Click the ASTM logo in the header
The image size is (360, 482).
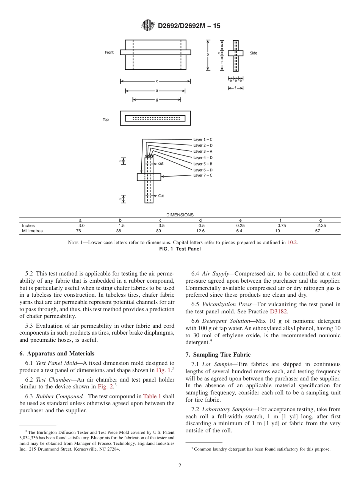click(148, 25)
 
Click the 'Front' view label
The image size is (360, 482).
click(109, 52)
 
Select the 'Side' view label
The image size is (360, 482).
click(254, 53)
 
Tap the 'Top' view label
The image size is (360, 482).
click(106, 120)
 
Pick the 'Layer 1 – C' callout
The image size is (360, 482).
click(203, 139)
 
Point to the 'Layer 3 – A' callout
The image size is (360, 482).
click(203, 152)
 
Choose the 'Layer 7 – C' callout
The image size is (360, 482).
click(203, 175)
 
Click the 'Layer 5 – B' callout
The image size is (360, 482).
click(203, 164)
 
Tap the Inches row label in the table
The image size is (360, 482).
click(28, 225)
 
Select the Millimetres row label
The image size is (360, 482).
click(33, 231)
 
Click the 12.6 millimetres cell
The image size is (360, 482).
click(200, 231)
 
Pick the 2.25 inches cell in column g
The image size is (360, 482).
click(321, 225)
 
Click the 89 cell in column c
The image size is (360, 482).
click(160, 231)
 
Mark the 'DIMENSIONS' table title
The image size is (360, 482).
click(180, 215)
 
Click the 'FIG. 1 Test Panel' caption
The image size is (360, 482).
click(180, 249)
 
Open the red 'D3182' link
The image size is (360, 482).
click(279, 311)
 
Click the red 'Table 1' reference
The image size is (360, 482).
click(152, 396)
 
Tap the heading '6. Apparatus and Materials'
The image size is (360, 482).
click(57, 353)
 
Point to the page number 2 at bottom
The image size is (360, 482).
click(180, 466)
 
